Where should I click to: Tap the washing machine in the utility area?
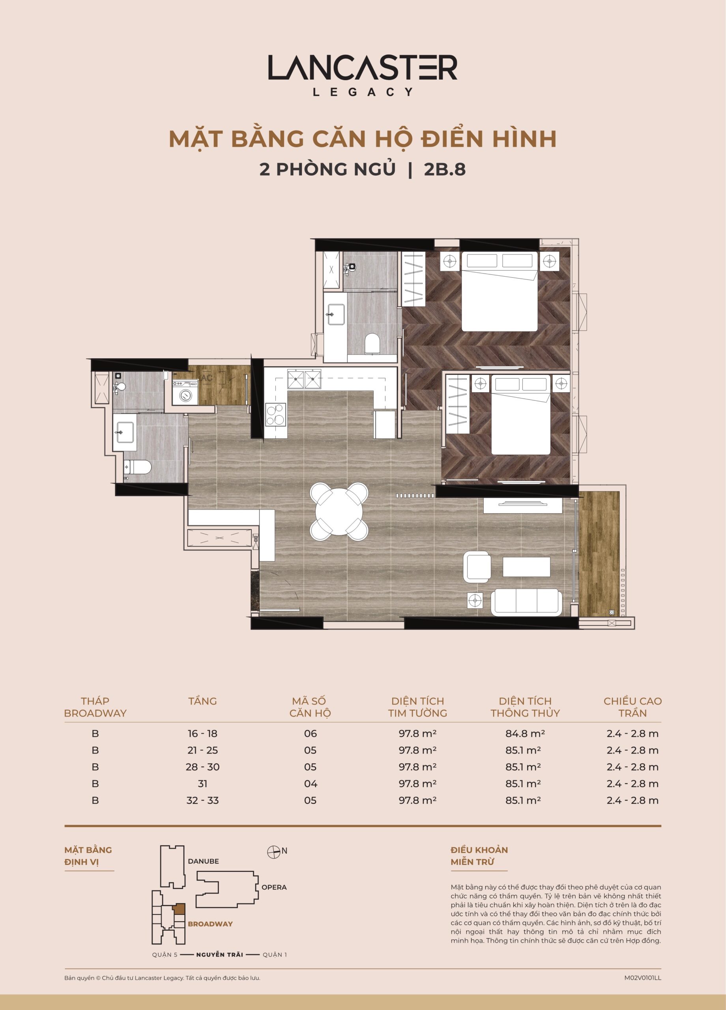185,392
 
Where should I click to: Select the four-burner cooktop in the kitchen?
275,414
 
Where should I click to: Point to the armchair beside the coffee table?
477,567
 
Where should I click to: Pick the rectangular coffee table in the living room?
526,567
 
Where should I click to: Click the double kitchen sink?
304,379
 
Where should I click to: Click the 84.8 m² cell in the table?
525,733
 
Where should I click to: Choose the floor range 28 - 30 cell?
203,767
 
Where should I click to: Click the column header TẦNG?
203,701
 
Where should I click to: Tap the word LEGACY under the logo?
363,92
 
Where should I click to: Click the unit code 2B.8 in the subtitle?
445,169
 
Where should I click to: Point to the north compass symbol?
273,852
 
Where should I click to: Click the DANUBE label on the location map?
204,861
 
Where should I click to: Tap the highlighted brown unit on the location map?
179,909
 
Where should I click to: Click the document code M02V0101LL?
643,978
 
